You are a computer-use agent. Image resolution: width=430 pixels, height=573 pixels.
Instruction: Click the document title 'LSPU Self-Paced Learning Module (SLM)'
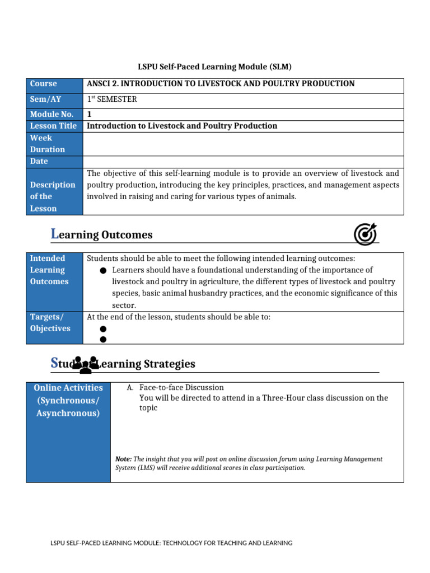(215, 67)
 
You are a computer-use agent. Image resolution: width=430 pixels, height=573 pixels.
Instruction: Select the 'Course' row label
(43, 84)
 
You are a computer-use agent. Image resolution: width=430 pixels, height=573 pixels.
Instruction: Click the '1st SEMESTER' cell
(112, 100)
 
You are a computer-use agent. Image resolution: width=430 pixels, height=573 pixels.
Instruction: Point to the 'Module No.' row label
(52, 114)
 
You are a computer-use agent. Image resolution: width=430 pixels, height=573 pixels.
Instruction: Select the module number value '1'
(90, 114)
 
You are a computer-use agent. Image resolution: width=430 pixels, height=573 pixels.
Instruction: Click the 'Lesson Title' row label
(53, 126)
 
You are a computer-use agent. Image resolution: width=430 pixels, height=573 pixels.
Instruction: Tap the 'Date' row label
(39, 161)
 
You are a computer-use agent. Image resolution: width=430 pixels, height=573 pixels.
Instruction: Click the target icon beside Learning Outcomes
(366, 234)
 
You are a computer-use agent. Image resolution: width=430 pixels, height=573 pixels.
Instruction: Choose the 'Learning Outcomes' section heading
(101, 235)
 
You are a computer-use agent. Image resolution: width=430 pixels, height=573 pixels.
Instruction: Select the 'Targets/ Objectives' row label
(50, 323)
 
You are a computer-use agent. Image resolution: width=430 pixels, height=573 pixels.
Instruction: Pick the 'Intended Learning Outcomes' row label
(49, 270)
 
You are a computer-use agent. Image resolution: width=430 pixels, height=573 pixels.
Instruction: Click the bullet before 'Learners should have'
(103, 271)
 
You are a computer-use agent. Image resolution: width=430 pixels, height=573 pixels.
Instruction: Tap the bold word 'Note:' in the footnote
(123, 459)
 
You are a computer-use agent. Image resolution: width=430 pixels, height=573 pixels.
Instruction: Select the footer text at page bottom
(171, 543)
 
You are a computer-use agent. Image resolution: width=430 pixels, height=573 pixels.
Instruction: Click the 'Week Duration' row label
(48, 144)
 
